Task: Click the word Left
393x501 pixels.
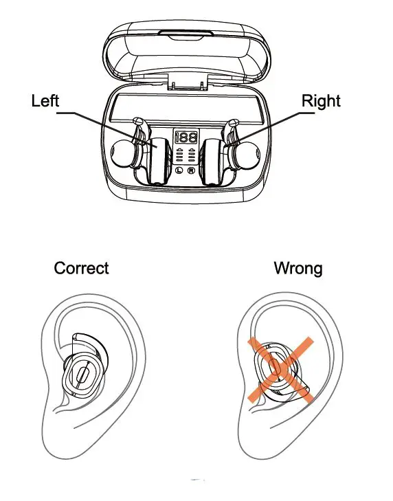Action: (x=45, y=101)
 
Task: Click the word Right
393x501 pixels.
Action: (x=321, y=101)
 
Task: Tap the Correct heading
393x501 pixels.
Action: (x=81, y=268)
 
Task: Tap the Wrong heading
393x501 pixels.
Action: (x=297, y=268)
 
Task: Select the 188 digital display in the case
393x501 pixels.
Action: (x=186, y=136)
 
